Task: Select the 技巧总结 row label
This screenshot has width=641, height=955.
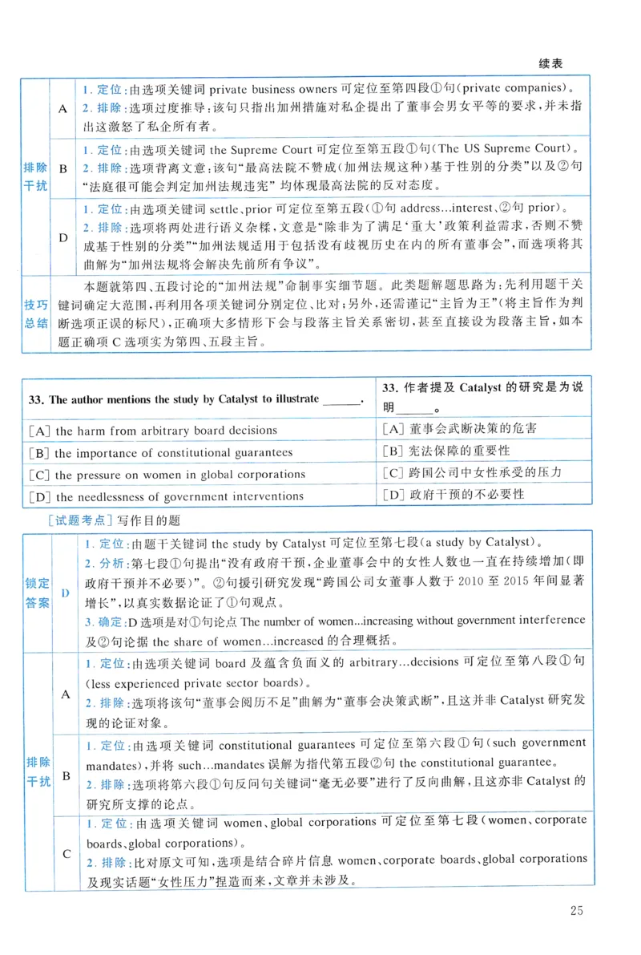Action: point(36,317)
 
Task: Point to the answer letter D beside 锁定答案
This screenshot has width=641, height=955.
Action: point(66,592)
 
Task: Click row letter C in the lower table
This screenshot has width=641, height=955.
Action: point(67,853)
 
